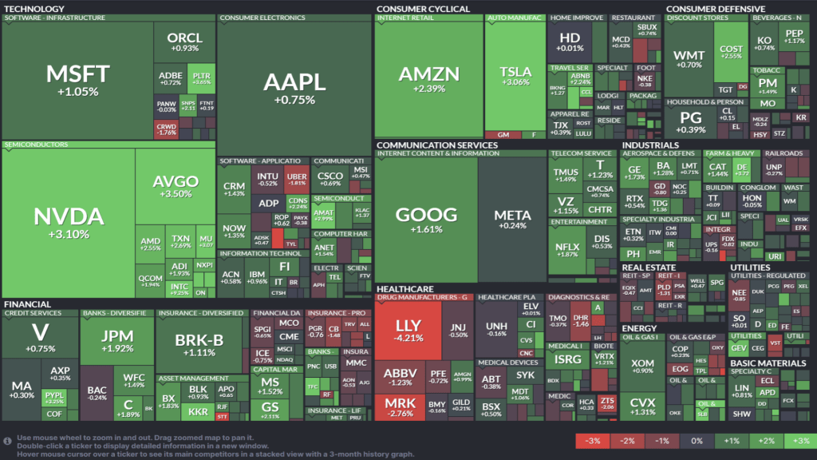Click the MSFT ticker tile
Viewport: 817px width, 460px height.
(73, 80)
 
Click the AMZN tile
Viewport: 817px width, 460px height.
(429, 80)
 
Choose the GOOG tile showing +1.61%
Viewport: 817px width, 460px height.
(426, 220)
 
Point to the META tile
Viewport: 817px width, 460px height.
(511, 220)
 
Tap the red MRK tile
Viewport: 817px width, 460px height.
(400, 407)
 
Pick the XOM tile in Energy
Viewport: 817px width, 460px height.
(641, 367)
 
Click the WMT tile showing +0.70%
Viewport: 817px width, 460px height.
(689, 59)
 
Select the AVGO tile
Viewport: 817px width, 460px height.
(176, 187)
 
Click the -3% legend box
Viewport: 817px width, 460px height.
(593, 441)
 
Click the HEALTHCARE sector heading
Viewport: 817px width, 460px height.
(405, 288)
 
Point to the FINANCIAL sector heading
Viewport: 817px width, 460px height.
(28, 304)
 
